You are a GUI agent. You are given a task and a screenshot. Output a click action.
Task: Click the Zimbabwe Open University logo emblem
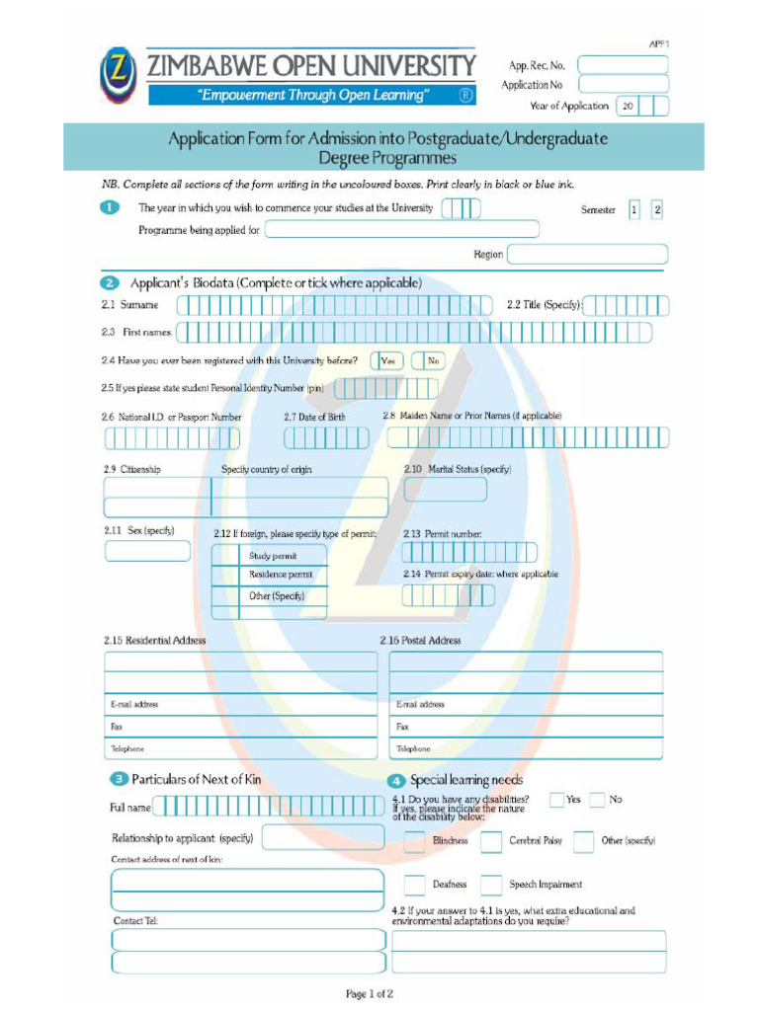point(119,76)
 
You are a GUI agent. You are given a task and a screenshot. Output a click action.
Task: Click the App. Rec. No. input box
point(623,65)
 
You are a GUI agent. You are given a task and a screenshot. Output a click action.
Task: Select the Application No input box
point(623,85)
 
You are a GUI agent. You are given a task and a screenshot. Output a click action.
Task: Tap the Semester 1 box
point(633,209)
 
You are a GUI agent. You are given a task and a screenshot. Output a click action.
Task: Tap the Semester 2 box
point(657,209)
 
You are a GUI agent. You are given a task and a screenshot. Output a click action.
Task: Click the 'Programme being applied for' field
point(402,230)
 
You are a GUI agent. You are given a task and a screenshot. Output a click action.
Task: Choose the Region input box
point(587,255)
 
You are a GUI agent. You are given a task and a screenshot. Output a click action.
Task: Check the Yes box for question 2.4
point(386,361)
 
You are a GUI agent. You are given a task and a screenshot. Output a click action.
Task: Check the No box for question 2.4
point(429,361)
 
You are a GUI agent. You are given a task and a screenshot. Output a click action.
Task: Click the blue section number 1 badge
point(110,208)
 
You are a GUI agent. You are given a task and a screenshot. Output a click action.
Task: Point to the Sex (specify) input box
point(147,551)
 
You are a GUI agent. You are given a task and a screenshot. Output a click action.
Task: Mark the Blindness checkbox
point(415,841)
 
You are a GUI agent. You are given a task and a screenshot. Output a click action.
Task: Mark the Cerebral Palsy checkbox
point(491,841)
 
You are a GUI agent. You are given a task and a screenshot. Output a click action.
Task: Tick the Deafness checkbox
point(415,885)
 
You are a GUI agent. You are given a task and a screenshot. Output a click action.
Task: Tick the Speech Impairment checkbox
point(491,885)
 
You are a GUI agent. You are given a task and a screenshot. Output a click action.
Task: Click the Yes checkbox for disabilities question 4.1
point(556,800)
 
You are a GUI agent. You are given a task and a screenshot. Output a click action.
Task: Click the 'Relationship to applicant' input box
point(323,838)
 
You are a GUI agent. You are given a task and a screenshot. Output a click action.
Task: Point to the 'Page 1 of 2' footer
point(370,994)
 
